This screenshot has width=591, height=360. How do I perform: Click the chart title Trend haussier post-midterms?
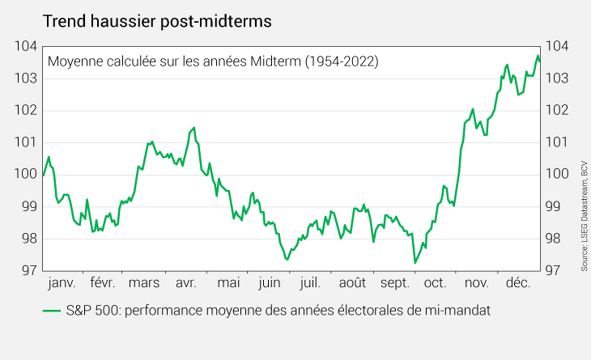pyautogui.click(x=157, y=21)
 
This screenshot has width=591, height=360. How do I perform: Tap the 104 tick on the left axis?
pyautogui.click(x=26, y=46)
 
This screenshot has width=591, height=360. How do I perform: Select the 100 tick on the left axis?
pyautogui.click(x=26, y=175)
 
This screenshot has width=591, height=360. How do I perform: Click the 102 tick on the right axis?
pyautogui.click(x=557, y=110)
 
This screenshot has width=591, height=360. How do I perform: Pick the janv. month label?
pyautogui.click(x=62, y=283)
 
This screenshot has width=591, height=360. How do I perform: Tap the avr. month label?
pyautogui.click(x=186, y=283)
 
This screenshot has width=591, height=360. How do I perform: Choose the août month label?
pyautogui.click(x=352, y=283)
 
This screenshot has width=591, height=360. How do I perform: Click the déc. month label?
pyautogui.click(x=518, y=283)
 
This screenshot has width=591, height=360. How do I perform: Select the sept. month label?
pyautogui.click(x=394, y=283)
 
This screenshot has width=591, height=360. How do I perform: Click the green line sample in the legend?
pyautogui.click(x=52, y=311)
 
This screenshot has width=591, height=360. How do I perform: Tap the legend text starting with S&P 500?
pyautogui.click(x=278, y=311)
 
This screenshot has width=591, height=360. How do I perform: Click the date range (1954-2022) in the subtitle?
pyautogui.click(x=342, y=61)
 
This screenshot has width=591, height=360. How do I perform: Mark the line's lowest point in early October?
pyautogui.click(x=415, y=262)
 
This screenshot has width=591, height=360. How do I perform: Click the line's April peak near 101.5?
pyautogui.click(x=193, y=128)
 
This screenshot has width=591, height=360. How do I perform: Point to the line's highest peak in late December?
pyautogui.click(x=538, y=56)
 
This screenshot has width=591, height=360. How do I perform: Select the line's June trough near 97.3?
pyautogui.click(x=287, y=260)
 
